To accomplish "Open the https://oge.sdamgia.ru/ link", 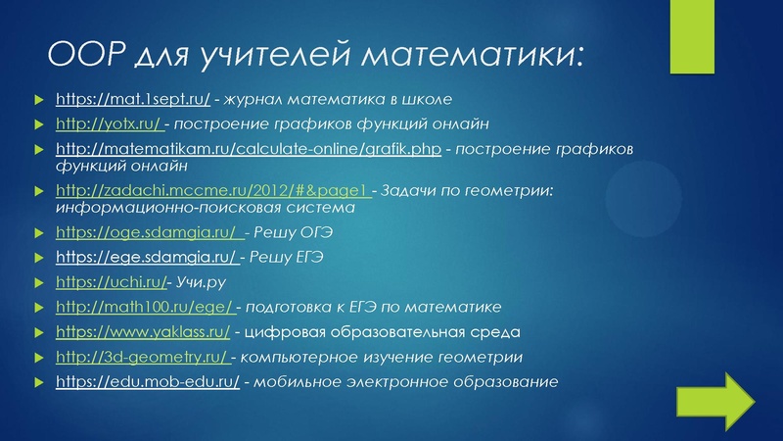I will click(148, 232).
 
